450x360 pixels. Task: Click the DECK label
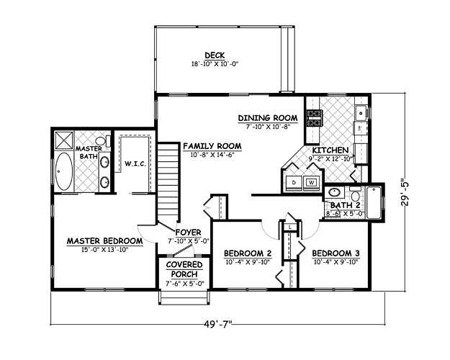(x=215, y=55)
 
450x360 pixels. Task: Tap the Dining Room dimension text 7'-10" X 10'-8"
(x=269, y=127)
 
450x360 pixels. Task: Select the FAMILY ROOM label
(x=212, y=146)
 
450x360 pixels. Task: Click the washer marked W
(x=311, y=182)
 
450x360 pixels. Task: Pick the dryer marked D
(x=294, y=182)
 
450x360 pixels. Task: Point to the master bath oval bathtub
(x=63, y=171)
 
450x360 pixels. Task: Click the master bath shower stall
(x=63, y=140)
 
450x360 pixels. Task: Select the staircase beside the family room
(x=168, y=182)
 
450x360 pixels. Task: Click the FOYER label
(x=188, y=232)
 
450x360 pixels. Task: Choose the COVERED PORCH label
(x=184, y=269)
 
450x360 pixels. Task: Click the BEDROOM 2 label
(x=248, y=253)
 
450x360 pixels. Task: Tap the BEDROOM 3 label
(x=336, y=253)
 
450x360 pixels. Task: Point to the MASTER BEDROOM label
(x=104, y=241)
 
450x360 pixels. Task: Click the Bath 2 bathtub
(x=374, y=202)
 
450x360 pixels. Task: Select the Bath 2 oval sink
(x=334, y=192)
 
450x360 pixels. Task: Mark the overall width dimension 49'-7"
(x=218, y=325)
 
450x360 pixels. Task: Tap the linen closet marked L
(x=290, y=227)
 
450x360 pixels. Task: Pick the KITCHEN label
(x=330, y=150)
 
